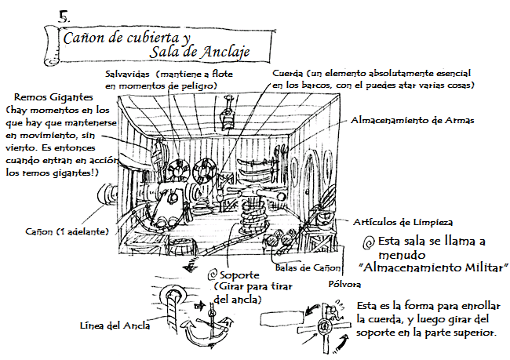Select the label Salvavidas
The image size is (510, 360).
[129, 73]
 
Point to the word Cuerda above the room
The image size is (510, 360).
[288, 73]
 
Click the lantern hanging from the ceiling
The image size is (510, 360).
[229, 119]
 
